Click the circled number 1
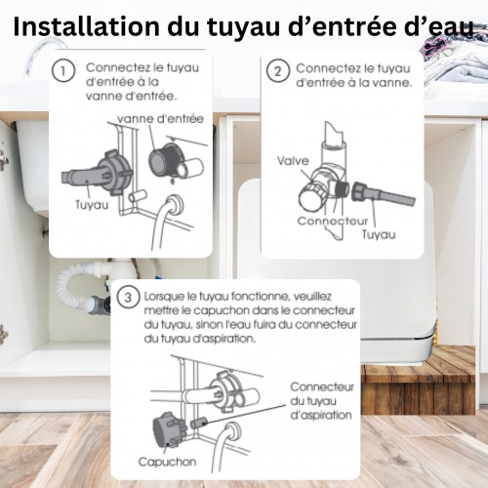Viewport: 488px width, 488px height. [x=63, y=70]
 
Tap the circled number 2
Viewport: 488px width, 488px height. [x=277, y=70]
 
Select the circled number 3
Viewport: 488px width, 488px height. [x=128, y=297]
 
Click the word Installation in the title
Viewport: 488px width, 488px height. [x=87, y=26]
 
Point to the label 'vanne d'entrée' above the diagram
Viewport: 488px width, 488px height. [x=160, y=119]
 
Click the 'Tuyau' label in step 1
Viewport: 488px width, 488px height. [x=92, y=205]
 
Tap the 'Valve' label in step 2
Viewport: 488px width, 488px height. [x=293, y=161]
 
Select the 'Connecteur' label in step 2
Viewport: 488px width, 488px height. [x=333, y=221]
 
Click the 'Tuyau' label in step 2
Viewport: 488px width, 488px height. [x=379, y=234]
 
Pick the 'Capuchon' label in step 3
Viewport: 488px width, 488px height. [x=167, y=462]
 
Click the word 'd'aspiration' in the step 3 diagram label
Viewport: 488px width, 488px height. [x=321, y=415]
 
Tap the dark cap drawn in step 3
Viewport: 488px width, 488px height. [x=169, y=430]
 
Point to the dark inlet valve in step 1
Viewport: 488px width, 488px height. [x=166, y=160]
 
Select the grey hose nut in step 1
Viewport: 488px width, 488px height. [x=115, y=173]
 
